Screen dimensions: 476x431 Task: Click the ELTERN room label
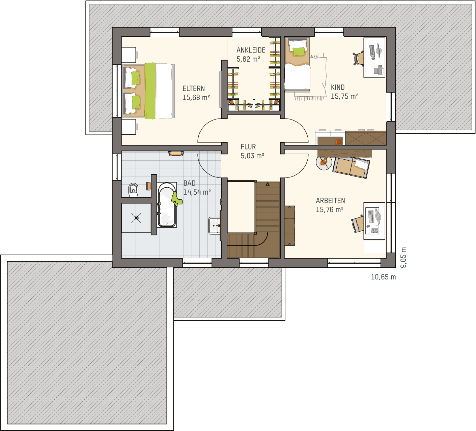pyautogui.click(x=193, y=89)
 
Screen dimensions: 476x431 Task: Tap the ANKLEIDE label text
pyautogui.click(x=251, y=50)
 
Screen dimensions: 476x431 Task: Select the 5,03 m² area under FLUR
pyautogui.click(x=252, y=156)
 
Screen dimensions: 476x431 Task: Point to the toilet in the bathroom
pyautogui.click(x=133, y=190)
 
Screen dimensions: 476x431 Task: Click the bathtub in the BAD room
pyautogui.click(x=167, y=205)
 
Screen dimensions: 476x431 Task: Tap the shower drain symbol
pyautogui.click(x=136, y=218)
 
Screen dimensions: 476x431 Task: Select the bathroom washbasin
pyautogui.click(x=215, y=226)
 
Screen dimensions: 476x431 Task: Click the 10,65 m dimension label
pyautogui.click(x=383, y=277)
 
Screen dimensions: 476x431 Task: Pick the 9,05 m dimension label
pyautogui.click(x=403, y=258)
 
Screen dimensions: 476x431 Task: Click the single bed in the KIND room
pyautogui.click(x=297, y=64)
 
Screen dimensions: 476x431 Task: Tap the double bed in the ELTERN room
pyautogui.click(x=148, y=91)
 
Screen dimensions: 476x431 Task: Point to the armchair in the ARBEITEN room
pyautogui.click(x=351, y=167)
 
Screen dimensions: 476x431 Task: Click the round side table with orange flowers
pyautogui.click(x=324, y=163)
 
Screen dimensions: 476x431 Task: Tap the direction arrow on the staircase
pyautogui.click(x=268, y=184)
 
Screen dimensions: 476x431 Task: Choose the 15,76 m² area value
pyautogui.click(x=330, y=210)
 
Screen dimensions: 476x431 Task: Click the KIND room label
pyautogui.click(x=338, y=88)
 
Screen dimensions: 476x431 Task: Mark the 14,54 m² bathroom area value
pyautogui.click(x=197, y=192)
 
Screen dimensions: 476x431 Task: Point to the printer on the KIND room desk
pyautogui.click(x=379, y=70)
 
